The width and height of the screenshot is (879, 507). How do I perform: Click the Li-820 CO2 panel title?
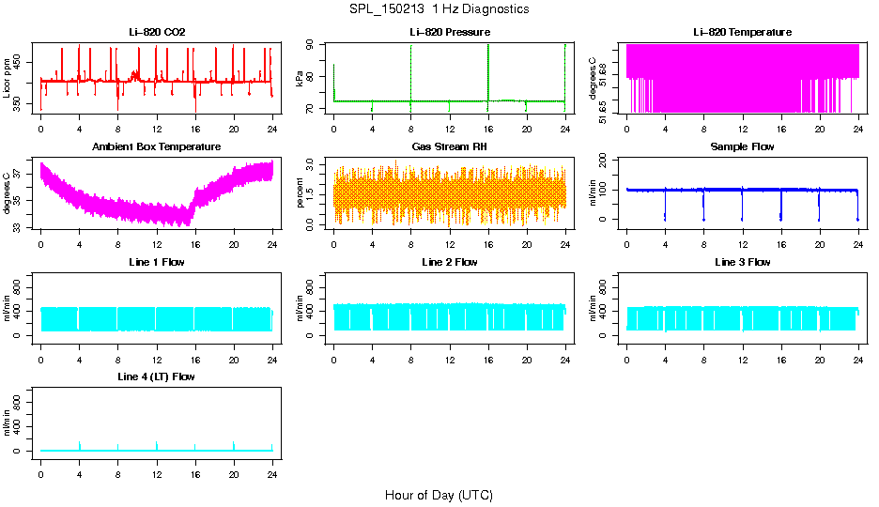[157, 32]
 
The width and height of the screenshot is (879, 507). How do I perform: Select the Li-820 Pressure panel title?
[450, 32]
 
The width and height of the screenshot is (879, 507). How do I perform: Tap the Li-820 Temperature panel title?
[742, 32]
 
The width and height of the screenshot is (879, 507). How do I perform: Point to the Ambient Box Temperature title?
[157, 147]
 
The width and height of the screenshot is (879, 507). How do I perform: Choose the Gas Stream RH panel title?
[450, 147]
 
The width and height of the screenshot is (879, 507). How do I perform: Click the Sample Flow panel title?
[742, 147]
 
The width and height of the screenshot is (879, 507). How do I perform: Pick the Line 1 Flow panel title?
[157, 262]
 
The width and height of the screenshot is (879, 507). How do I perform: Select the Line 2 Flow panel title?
[450, 262]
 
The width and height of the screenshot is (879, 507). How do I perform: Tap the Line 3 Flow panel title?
[742, 262]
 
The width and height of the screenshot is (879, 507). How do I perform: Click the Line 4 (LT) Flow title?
[157, 376]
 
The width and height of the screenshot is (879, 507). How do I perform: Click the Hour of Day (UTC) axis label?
[439, 495]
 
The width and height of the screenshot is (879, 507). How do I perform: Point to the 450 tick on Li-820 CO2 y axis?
[21, 62]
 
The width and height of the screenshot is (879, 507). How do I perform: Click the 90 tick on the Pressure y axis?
[314, 44]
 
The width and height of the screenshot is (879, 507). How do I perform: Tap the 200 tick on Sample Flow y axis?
[607, 160]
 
